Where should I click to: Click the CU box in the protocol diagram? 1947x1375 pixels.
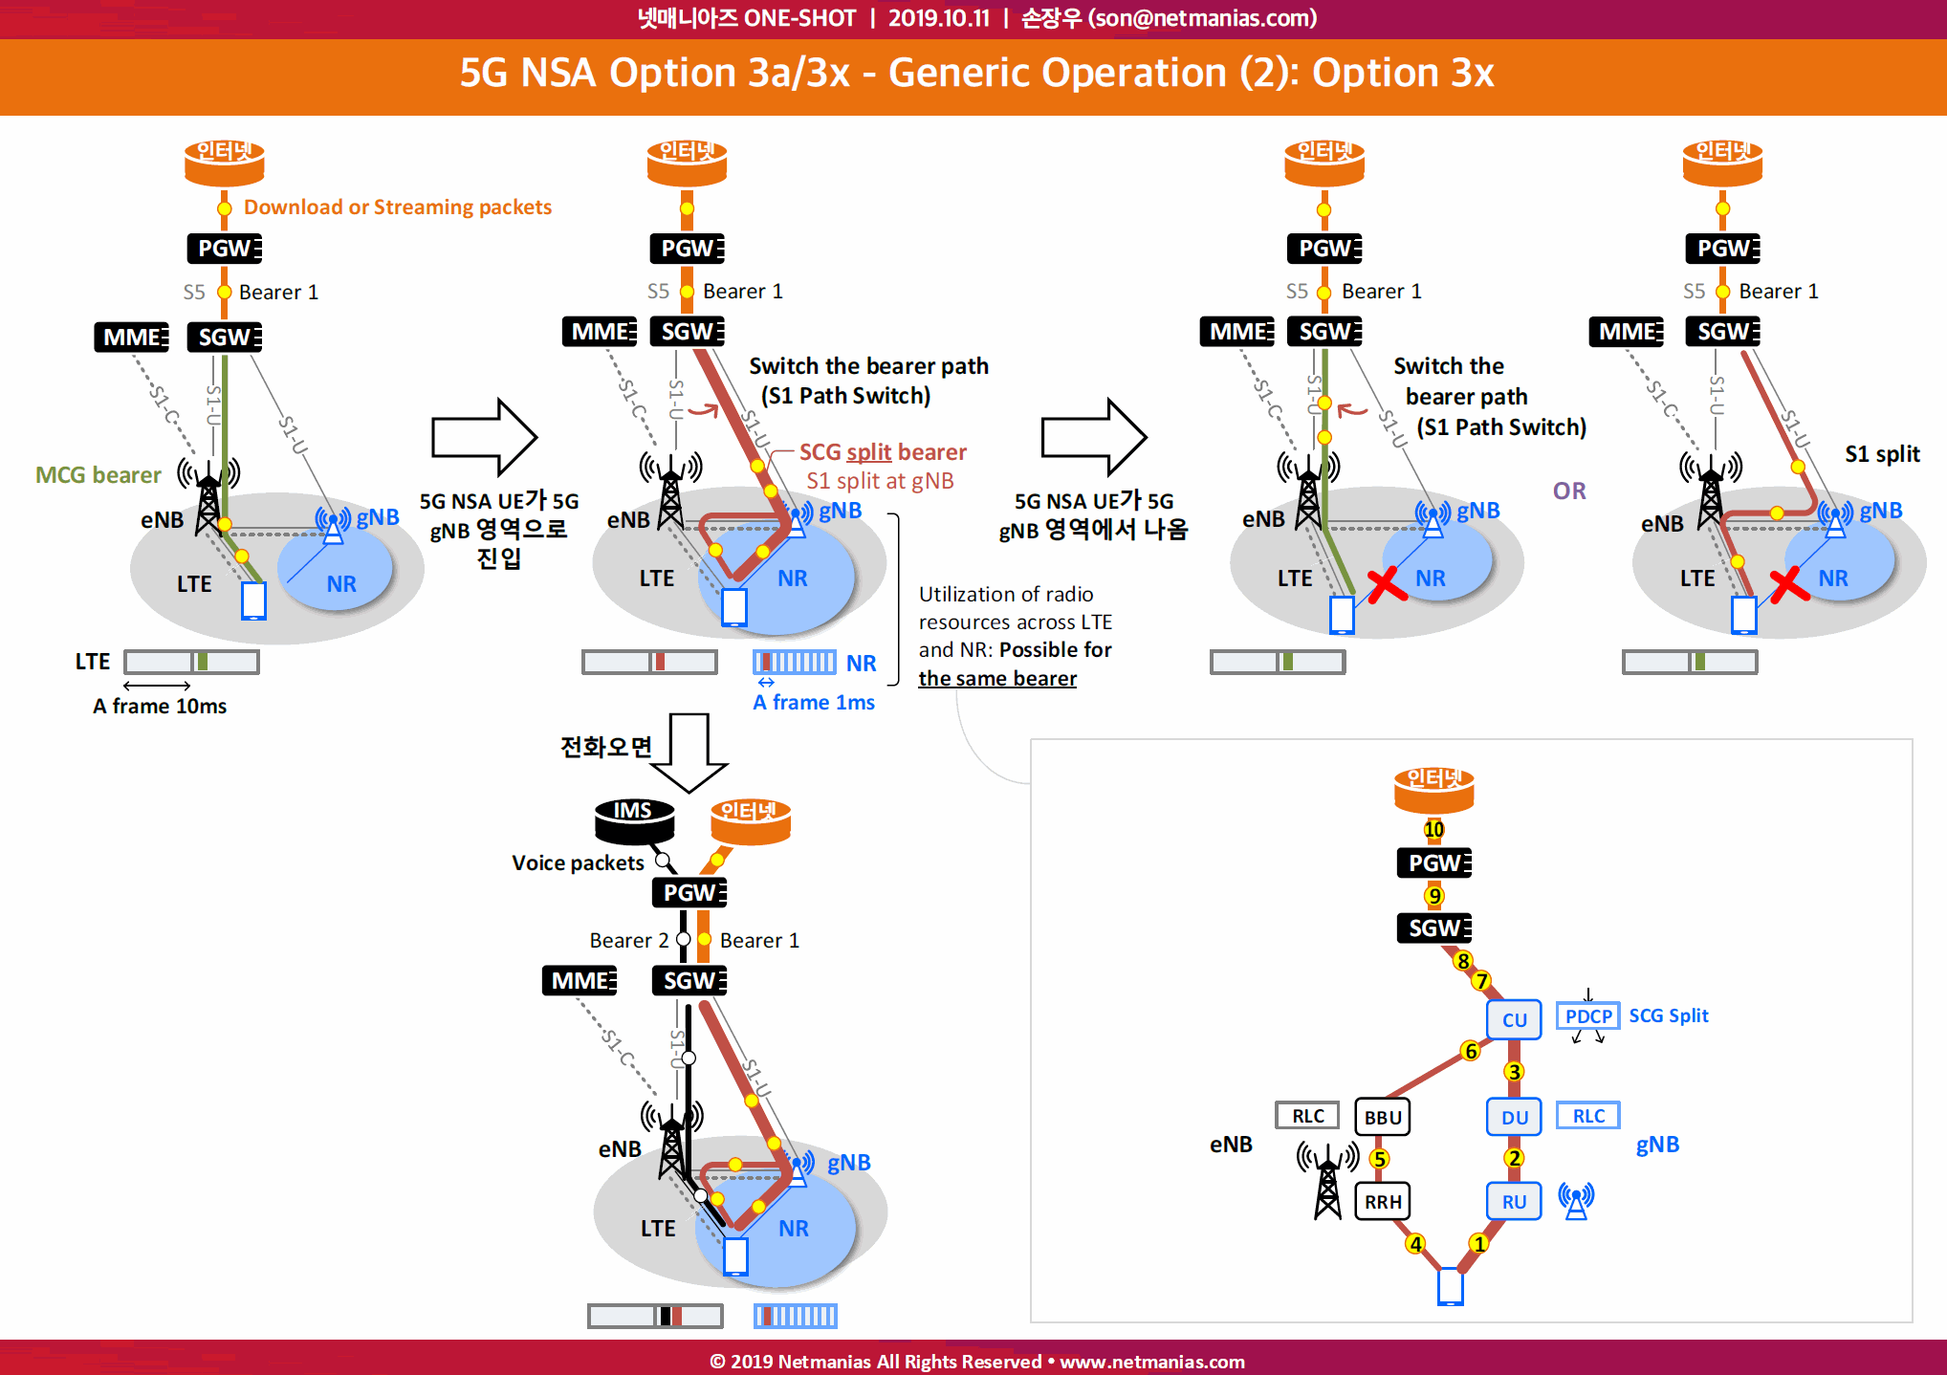coord(1514,1019)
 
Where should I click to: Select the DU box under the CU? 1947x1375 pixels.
coord(1514,1117)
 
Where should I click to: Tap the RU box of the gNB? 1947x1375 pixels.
coord(1514,1201)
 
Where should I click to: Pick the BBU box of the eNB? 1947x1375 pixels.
coord(1383,1117)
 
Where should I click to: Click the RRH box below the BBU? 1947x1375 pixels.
coord(1383,1201)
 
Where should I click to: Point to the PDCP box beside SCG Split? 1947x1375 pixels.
coord(1588,1015)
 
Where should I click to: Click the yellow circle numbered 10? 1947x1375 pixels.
coord(1433,829)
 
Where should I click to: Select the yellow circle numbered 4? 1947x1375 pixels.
coord(1415,1244)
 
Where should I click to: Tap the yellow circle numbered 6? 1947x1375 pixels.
coord(1471,1051)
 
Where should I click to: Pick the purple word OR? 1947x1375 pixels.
coord(1569,491)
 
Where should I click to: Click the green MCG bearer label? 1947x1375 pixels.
coord(98,474)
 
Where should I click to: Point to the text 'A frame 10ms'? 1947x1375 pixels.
coord(160,706)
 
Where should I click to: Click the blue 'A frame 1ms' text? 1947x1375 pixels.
coord(814,702)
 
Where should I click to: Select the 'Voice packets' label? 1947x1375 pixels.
coord(578,862)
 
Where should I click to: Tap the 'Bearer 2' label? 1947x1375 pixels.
coord(628,940)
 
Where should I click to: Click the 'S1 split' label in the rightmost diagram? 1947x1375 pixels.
coord(1882,454)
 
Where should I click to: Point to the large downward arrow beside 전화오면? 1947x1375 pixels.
coord(689,753)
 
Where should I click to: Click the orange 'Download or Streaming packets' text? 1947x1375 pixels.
coord(398,207)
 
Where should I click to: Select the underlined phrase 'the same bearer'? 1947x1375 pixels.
coord(997,678)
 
